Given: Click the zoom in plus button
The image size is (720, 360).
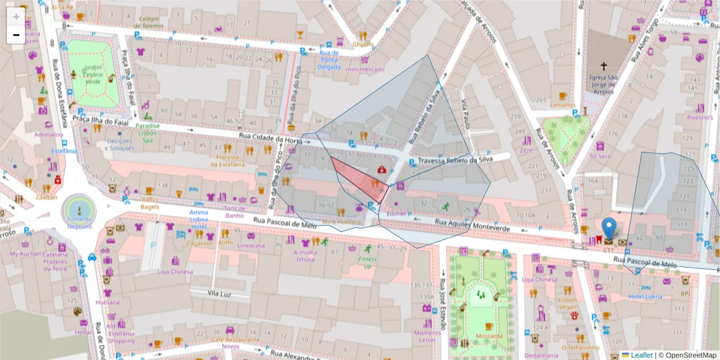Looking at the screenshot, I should [16, 17].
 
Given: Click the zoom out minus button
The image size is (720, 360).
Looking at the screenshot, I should [16, 35].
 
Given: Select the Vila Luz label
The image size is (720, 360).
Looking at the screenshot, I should [220, 293].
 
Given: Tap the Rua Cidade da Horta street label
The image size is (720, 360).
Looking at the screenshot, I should [270, 138].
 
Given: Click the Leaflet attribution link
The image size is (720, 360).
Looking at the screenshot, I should [641, 355].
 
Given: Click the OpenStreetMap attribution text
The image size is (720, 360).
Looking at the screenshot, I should [687, 355].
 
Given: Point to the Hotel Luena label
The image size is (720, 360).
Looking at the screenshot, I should [646, 297].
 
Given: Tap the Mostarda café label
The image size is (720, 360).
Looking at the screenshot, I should [488, 336].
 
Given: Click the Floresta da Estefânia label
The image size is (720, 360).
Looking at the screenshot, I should [227, 160].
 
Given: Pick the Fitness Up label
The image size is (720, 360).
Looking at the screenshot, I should [368, 263].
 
